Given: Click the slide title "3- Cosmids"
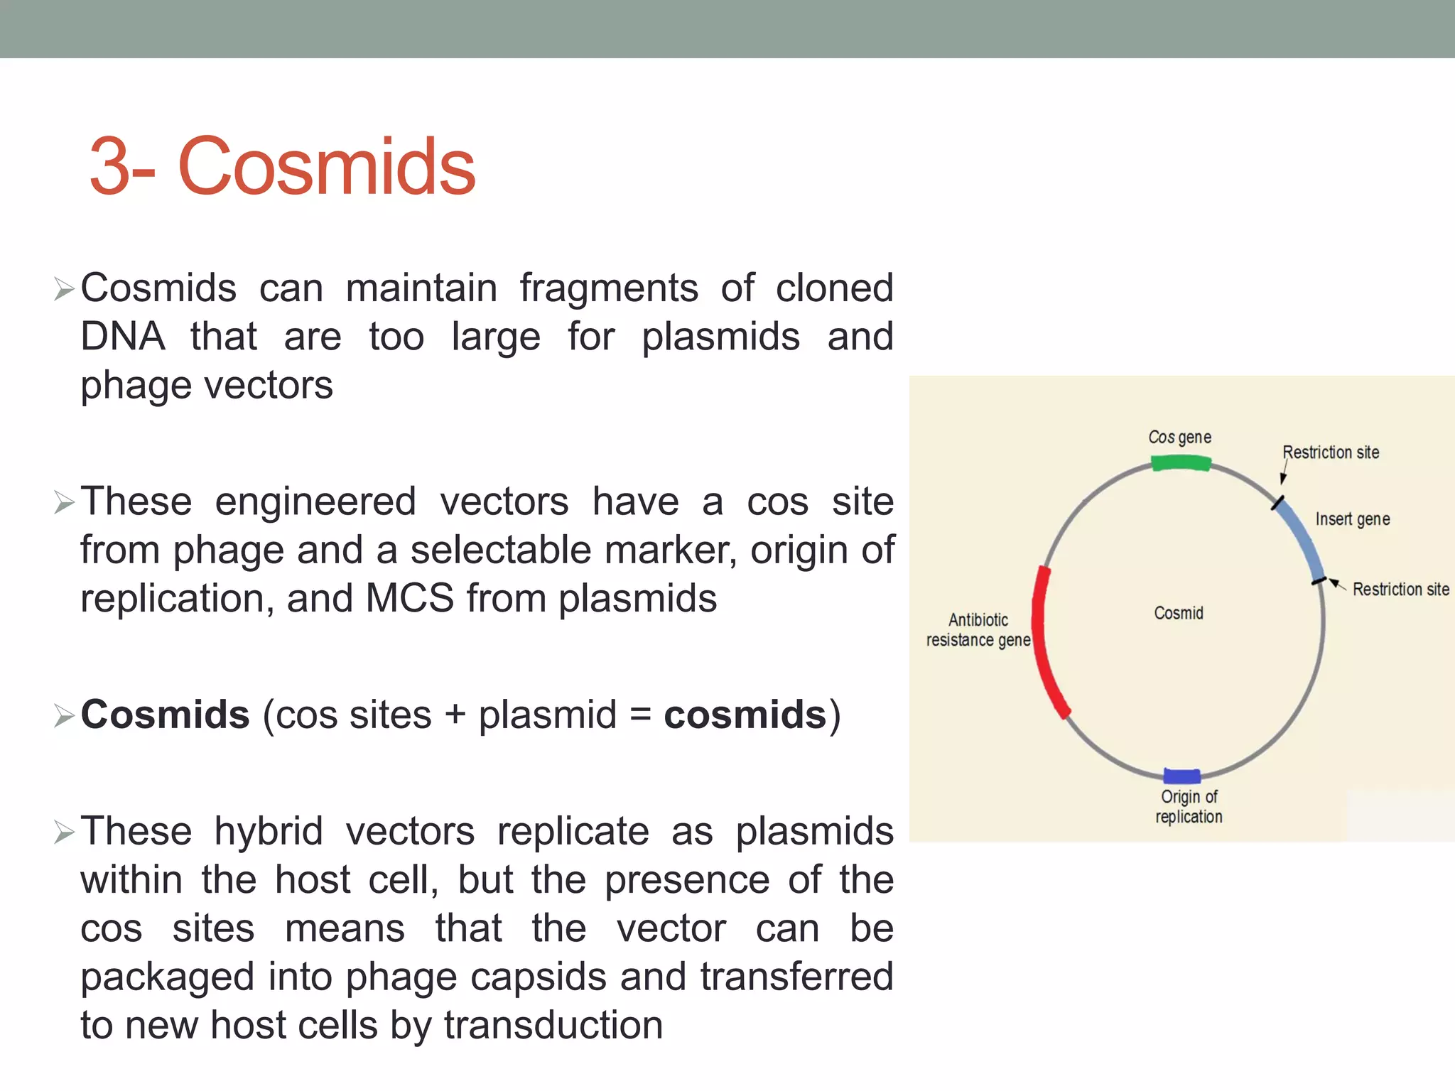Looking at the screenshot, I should [282, 166].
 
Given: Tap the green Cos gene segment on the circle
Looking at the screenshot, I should [1181, 464].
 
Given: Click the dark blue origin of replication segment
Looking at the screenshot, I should [1182, 776].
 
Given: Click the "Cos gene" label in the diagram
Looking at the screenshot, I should [1179, 437].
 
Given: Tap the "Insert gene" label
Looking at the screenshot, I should [1352, 519].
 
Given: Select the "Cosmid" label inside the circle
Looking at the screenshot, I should [1178, 613].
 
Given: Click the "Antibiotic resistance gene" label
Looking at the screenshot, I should [978, 630].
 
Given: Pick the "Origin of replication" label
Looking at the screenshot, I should [1189, 807].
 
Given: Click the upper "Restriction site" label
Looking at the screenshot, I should [1330, 452].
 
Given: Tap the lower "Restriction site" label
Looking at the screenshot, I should [1400, 589].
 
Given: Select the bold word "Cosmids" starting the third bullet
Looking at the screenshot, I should [165, 714].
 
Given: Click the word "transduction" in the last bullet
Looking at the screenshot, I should [553, 1025].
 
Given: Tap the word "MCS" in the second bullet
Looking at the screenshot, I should [409, 598].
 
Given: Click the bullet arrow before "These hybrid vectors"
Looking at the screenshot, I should [64, 832].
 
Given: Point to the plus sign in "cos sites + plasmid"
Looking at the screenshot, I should [455, 715].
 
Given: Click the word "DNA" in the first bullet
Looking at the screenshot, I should [123, 336].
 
